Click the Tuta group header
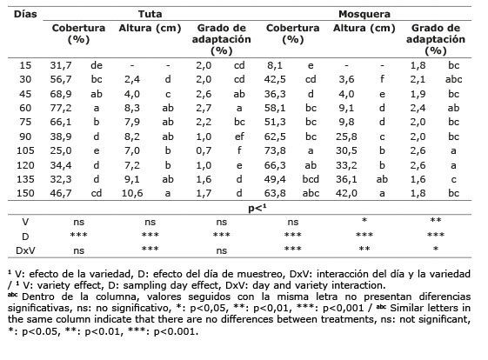tap(150, 14)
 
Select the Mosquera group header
tap(364, 14)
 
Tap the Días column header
tap(25, 14)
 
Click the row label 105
tap(25, 150)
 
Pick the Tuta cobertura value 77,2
tap(61, 109)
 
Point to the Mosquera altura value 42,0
tap(346, 193)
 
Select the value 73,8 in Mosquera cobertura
tap(275, 150)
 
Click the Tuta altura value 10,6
tap(132, 193)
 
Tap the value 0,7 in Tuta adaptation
tap(204, 150)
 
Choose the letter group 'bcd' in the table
tap(311, 179)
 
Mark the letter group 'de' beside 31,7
tap(97, 65)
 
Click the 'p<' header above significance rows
tap(257, 208)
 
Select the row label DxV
tap(25, 250)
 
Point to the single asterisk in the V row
tap(364, 220)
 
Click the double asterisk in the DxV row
tap(364, 249)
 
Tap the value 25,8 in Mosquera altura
tap(346, 137)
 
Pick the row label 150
tap(25, 193)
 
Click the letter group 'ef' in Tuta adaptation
tap(239, 137)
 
